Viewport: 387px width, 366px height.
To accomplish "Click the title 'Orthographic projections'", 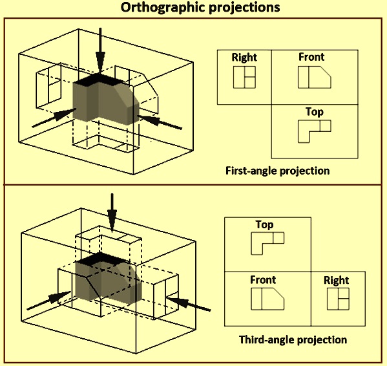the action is click(x=200, y=7).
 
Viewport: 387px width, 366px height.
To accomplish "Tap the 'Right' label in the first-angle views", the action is click(x=244, y=58).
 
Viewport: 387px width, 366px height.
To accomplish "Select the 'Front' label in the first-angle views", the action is click(x=311, y=57).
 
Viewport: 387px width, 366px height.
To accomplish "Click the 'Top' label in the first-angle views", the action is click(x=314, y=112).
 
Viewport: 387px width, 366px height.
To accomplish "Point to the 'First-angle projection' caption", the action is click(x=277, y=171).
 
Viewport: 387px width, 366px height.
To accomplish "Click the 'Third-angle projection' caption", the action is click(x=293, y=339).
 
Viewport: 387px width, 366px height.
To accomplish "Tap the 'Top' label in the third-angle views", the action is click(x=264, y=225).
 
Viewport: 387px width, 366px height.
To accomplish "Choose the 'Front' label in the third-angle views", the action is click(x=263, y=280).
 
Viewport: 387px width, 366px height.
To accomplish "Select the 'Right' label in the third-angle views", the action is click(x=336, y=281).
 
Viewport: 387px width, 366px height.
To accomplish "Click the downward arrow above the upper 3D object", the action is click(x=100, y=50).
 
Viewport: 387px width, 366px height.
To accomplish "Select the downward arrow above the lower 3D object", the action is click(x=112, y=213).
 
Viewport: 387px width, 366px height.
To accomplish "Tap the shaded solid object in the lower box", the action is click(x=109, y=277).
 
